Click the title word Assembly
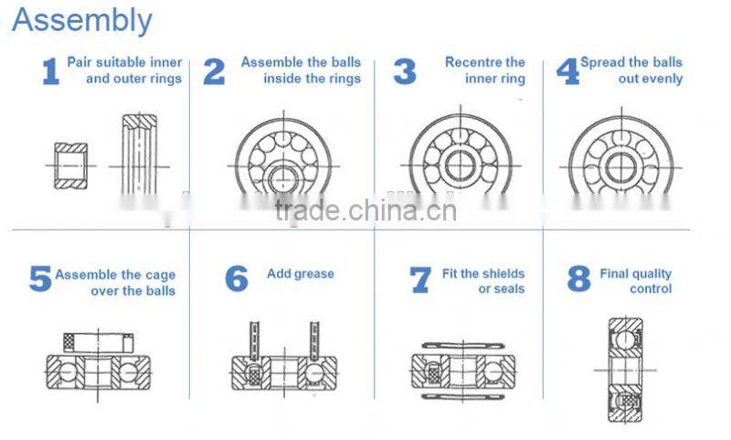(x=82, y=22)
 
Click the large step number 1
(x=51, y=71)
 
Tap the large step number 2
(x=214, y=71)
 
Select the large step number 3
(x=405, y=71)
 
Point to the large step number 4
(x=567, y=71)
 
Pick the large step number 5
(x=40, y=279)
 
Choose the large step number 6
(x=237, y=279)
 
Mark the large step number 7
(x=420, y=280)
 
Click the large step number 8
(x=579, y=279)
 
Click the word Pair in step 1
(x=79, y=62)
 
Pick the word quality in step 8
(x=654, y=274)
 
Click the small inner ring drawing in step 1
(x=71, y=166)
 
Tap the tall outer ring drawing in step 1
(x=140, y=154)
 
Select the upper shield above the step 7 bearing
(x=463, y=346)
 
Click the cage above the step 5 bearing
(x=99, y=342)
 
